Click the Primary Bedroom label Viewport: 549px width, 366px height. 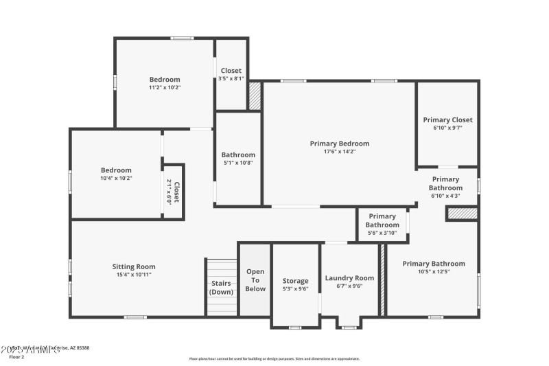coord(339,144)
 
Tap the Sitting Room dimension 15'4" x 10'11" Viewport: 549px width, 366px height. coord(134,275)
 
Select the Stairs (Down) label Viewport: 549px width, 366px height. coord(221,287)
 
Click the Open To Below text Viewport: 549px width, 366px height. coord(255,280)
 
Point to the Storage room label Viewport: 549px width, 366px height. coord(296,281)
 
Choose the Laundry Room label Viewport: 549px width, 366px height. coord(349,278)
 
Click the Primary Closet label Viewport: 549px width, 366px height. coord(447,120)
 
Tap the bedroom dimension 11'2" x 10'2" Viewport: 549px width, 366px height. coord(165,88)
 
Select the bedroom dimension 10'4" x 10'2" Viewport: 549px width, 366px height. coord(116,179)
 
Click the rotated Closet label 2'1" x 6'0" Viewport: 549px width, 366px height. coord(173,192)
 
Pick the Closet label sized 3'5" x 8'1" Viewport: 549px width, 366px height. coord(231,78)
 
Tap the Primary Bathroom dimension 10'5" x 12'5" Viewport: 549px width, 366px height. coord(433,271)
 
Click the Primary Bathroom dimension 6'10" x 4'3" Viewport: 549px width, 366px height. coord(445,196)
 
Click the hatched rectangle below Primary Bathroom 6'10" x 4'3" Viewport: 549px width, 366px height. coord(461,214)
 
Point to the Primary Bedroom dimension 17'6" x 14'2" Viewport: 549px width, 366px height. coord(339,152)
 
